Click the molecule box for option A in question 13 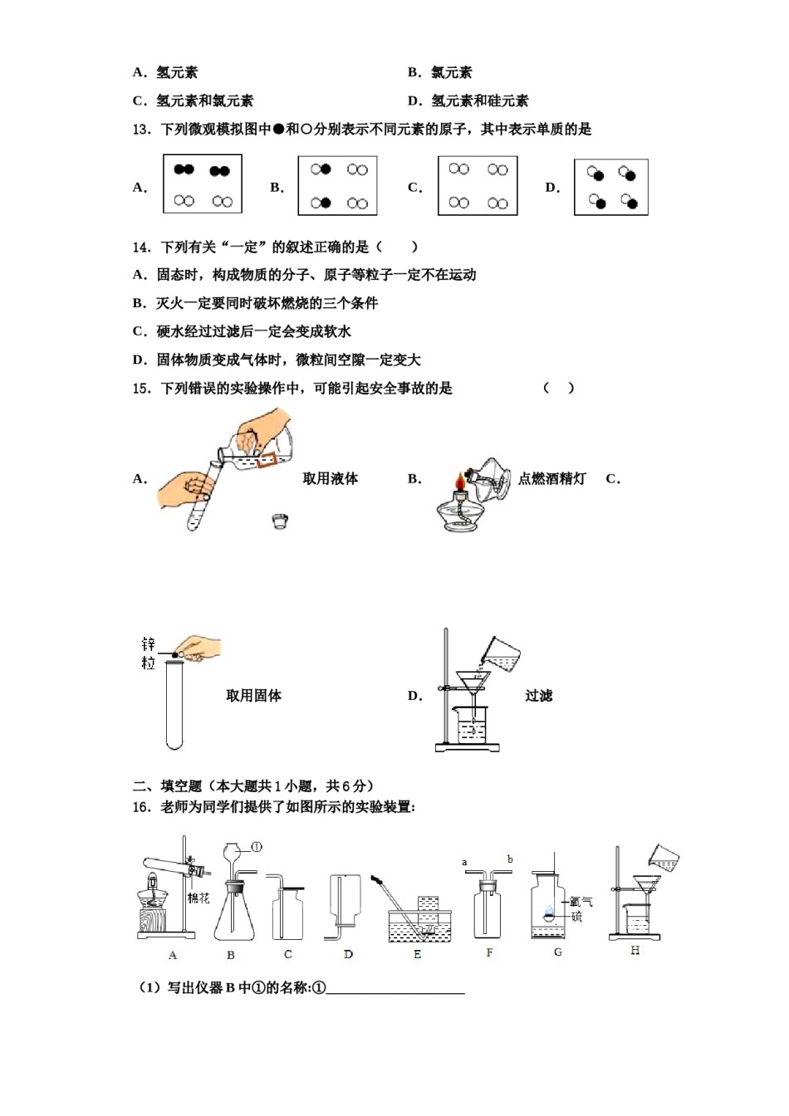[203, 184]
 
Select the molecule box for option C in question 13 [478, 186]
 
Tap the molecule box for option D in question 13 [610, 188]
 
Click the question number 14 [141, 247]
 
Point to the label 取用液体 [330, 478]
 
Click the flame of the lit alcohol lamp [458, 482]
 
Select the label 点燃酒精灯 [551, 478]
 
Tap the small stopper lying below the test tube [280, 521]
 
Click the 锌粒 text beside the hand [148, 653]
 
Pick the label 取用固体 [253, 696]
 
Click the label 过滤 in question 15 [538, 696]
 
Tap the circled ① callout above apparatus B [256, 847]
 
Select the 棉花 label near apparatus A [198, 898]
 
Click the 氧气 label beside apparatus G [581, 902]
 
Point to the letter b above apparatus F [510, 859]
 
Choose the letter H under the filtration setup [635, 951]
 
